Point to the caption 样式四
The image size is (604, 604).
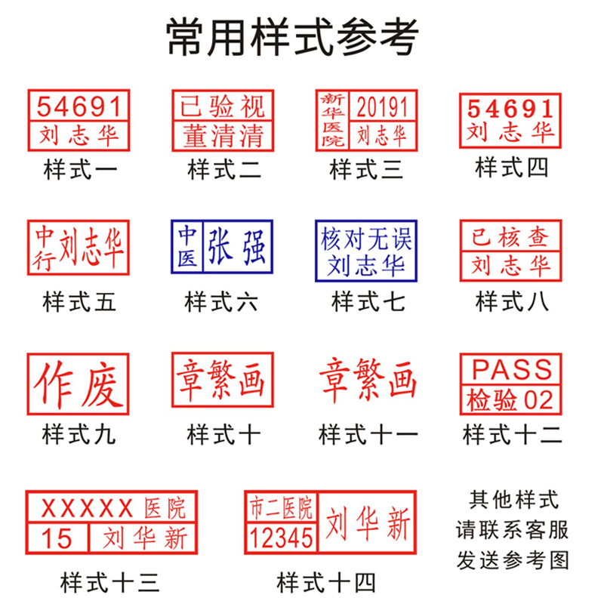pyautogui.click(x=510, y=167)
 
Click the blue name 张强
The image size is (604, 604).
pyautogui.click(x=237, y=248)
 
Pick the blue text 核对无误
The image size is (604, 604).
pyautogui.click(x=366, y=241)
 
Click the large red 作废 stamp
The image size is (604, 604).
pyautogui.click(x=79, y=384)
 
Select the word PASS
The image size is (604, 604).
pyautogui.click(x=511, y=369)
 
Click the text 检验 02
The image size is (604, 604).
pyautogui.click(x=510, y=399)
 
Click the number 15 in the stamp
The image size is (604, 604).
pyautogui.click(x=56, y=538)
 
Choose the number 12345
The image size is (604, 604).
pyautogui.click(x=279, y=538)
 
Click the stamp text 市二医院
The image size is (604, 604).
pyautogui.click(x=279, y=508)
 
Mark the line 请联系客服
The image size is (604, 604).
pyautogui.click(x=511, y=530)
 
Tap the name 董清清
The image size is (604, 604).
pyautogui.click(x=222, y=136)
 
